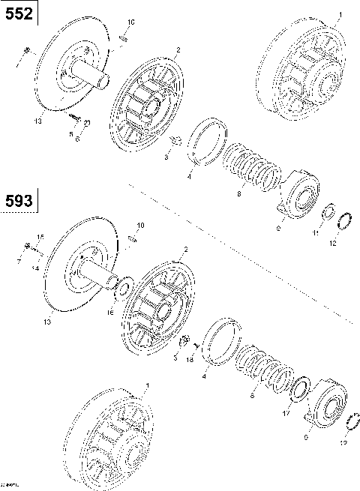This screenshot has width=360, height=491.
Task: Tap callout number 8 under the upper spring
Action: [x=238, y=194]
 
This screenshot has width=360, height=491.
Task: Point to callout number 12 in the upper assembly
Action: [x=334, y=241]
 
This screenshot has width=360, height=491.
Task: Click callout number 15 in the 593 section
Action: [x=40, y=237]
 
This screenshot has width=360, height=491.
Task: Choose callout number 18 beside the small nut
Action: [x=190, y=359]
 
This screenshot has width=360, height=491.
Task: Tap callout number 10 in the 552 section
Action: [x=132, y=23]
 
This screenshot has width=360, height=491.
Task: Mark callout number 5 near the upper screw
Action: [x=71, y=135]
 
